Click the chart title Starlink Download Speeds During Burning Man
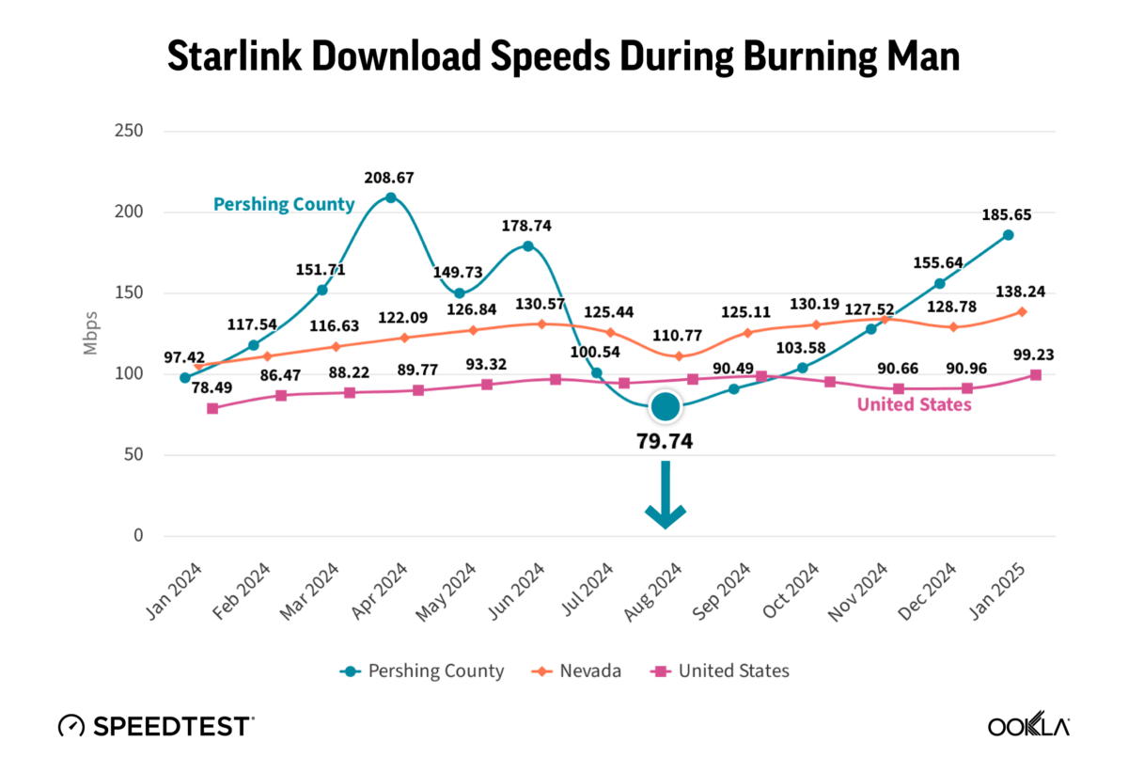(563, 56)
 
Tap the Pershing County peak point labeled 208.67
(391, 197)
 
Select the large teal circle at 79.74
(665, 407)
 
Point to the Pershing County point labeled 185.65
(1008, 235)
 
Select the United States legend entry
(720, 671)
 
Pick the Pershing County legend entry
(423, 671)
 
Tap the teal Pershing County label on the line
(284, 204)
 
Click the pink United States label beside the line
(914, 405)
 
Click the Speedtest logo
(155, 726)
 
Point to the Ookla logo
(1028, 727)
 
